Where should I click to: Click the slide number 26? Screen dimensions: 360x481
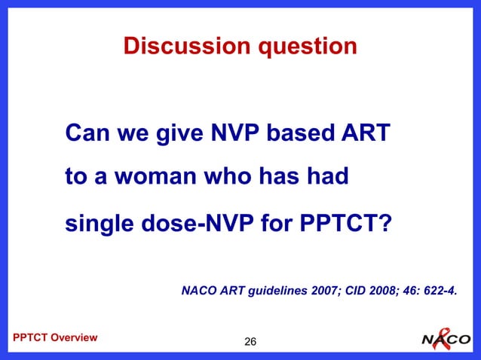click(250, 343)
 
